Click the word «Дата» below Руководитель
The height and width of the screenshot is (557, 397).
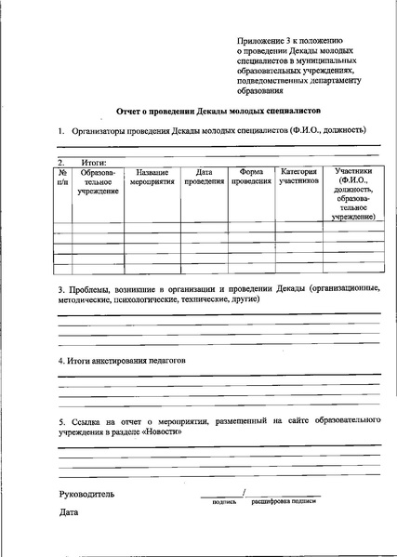pos(69,512)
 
